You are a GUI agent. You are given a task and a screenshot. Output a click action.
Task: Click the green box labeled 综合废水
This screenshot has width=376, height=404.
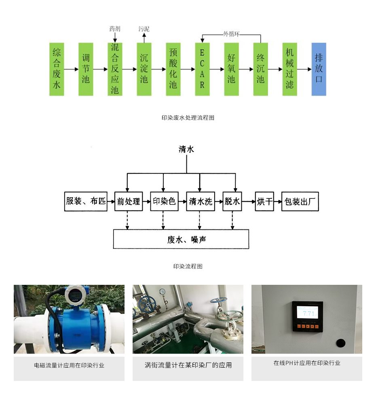[57, 69]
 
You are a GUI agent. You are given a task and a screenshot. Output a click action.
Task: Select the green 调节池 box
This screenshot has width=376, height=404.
[86, 69]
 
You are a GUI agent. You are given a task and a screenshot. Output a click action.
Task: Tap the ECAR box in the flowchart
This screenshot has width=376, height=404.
[202, 69]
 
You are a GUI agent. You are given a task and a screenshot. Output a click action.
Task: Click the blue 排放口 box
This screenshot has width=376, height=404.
[319, 69]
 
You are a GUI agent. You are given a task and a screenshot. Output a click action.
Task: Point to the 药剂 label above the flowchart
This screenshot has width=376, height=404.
[115, 29]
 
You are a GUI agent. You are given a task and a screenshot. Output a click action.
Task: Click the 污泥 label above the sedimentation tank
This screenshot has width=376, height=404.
[144, 29]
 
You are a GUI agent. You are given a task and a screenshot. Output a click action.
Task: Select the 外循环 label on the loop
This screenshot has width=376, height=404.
[231, 34]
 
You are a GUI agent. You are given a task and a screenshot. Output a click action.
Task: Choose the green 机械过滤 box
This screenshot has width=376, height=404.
[289, 69]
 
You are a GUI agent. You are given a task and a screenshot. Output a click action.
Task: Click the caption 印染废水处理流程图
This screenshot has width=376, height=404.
[188, 118]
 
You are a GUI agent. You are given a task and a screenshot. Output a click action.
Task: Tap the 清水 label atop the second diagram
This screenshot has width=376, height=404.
[186, 149]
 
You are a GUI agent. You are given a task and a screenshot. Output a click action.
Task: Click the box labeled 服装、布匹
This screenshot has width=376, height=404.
[86, 201]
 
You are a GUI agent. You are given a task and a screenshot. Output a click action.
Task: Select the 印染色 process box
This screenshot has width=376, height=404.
[164, 201]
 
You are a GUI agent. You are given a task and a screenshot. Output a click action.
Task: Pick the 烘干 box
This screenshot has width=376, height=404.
[265, 201]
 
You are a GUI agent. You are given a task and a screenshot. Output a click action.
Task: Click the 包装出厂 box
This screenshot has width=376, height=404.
[300, 201]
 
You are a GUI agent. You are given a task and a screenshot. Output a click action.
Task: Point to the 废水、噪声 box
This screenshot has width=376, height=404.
[181, 239]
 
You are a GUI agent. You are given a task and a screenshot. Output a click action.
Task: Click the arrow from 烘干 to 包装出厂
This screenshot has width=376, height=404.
[278, 201]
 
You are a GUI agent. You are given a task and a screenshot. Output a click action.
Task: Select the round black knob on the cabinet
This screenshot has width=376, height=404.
[341, 343]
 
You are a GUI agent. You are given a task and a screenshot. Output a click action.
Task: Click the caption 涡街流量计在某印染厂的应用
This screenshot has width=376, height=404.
[188, 365]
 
